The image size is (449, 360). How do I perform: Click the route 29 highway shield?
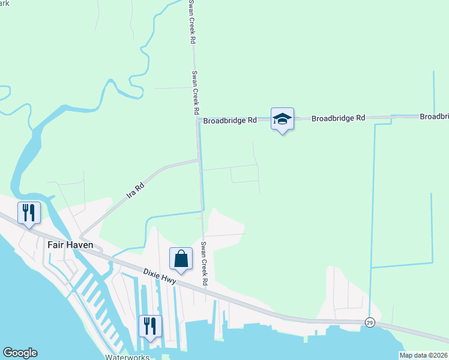[370, 323]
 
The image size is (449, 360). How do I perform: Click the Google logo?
[20, 353]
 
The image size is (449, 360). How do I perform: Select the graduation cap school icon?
[282, 118]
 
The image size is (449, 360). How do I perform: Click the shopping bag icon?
[181, 259]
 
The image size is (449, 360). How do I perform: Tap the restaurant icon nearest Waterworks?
[149, 326]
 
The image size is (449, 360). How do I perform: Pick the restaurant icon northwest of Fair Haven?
[29, 212]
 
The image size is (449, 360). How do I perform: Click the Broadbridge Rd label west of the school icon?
[230, 121]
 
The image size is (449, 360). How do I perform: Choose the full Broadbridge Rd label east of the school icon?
[339, 119]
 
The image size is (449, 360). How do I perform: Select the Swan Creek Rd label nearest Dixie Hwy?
[204, 263]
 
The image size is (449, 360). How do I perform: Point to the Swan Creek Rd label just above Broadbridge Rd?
[195, 93]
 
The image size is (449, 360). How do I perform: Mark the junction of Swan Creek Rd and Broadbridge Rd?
[199, 121]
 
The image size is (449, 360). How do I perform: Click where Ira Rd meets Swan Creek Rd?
[199, 160]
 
